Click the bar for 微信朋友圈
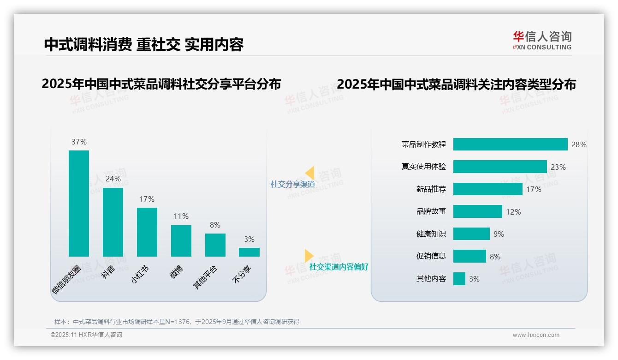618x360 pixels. (79, 203)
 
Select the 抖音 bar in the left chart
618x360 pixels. (113, 222)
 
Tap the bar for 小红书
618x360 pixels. (147, 232)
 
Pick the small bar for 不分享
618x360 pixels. (249, 252)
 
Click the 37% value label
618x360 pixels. (79, 142)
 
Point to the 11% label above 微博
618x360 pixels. (181, 216)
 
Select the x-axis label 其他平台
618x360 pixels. (206, 277)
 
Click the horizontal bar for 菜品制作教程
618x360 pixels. (510, 144)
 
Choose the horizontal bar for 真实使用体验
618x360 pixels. (500, 167)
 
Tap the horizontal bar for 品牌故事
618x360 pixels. (477, 212)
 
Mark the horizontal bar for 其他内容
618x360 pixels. (459, 279)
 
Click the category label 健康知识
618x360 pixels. (431, 234)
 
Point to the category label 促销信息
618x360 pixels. (431, 257)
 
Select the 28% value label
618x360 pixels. (579, 144)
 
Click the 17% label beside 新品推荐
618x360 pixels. (534, 189)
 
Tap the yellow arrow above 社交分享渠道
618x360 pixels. (309, 173)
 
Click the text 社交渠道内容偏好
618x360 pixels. (339, 267)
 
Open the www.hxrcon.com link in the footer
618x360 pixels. (536, 335)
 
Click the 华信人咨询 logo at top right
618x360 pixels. (542, 40)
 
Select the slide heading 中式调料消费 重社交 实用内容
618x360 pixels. (144, 44)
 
